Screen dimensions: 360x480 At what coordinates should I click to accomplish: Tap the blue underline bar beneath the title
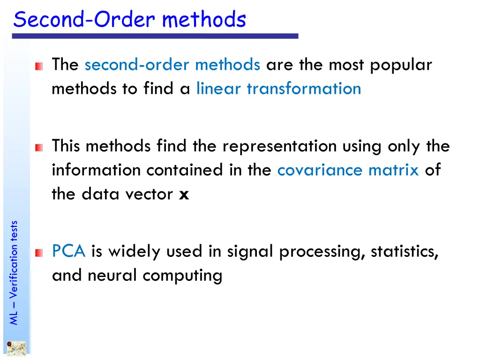tap(155, 36)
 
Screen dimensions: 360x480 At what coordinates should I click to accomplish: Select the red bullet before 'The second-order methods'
tap(38, 67)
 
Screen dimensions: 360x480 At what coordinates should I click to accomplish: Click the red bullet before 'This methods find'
tap(38, 148)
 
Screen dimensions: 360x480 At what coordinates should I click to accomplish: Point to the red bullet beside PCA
tap(38, 254)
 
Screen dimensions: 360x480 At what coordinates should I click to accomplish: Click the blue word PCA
tap(68, 252)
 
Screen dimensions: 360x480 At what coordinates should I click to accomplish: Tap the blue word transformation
tap(304, 89)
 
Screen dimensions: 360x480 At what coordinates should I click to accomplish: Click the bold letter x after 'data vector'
tap(184, 194)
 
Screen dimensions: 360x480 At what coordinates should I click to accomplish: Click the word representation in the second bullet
tap(279, 146)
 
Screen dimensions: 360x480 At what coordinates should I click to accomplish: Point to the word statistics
tap(404, 252)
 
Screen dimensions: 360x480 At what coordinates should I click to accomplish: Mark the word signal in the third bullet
tap(251, 252)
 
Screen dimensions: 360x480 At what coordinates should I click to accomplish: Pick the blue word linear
tap(219, 89)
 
